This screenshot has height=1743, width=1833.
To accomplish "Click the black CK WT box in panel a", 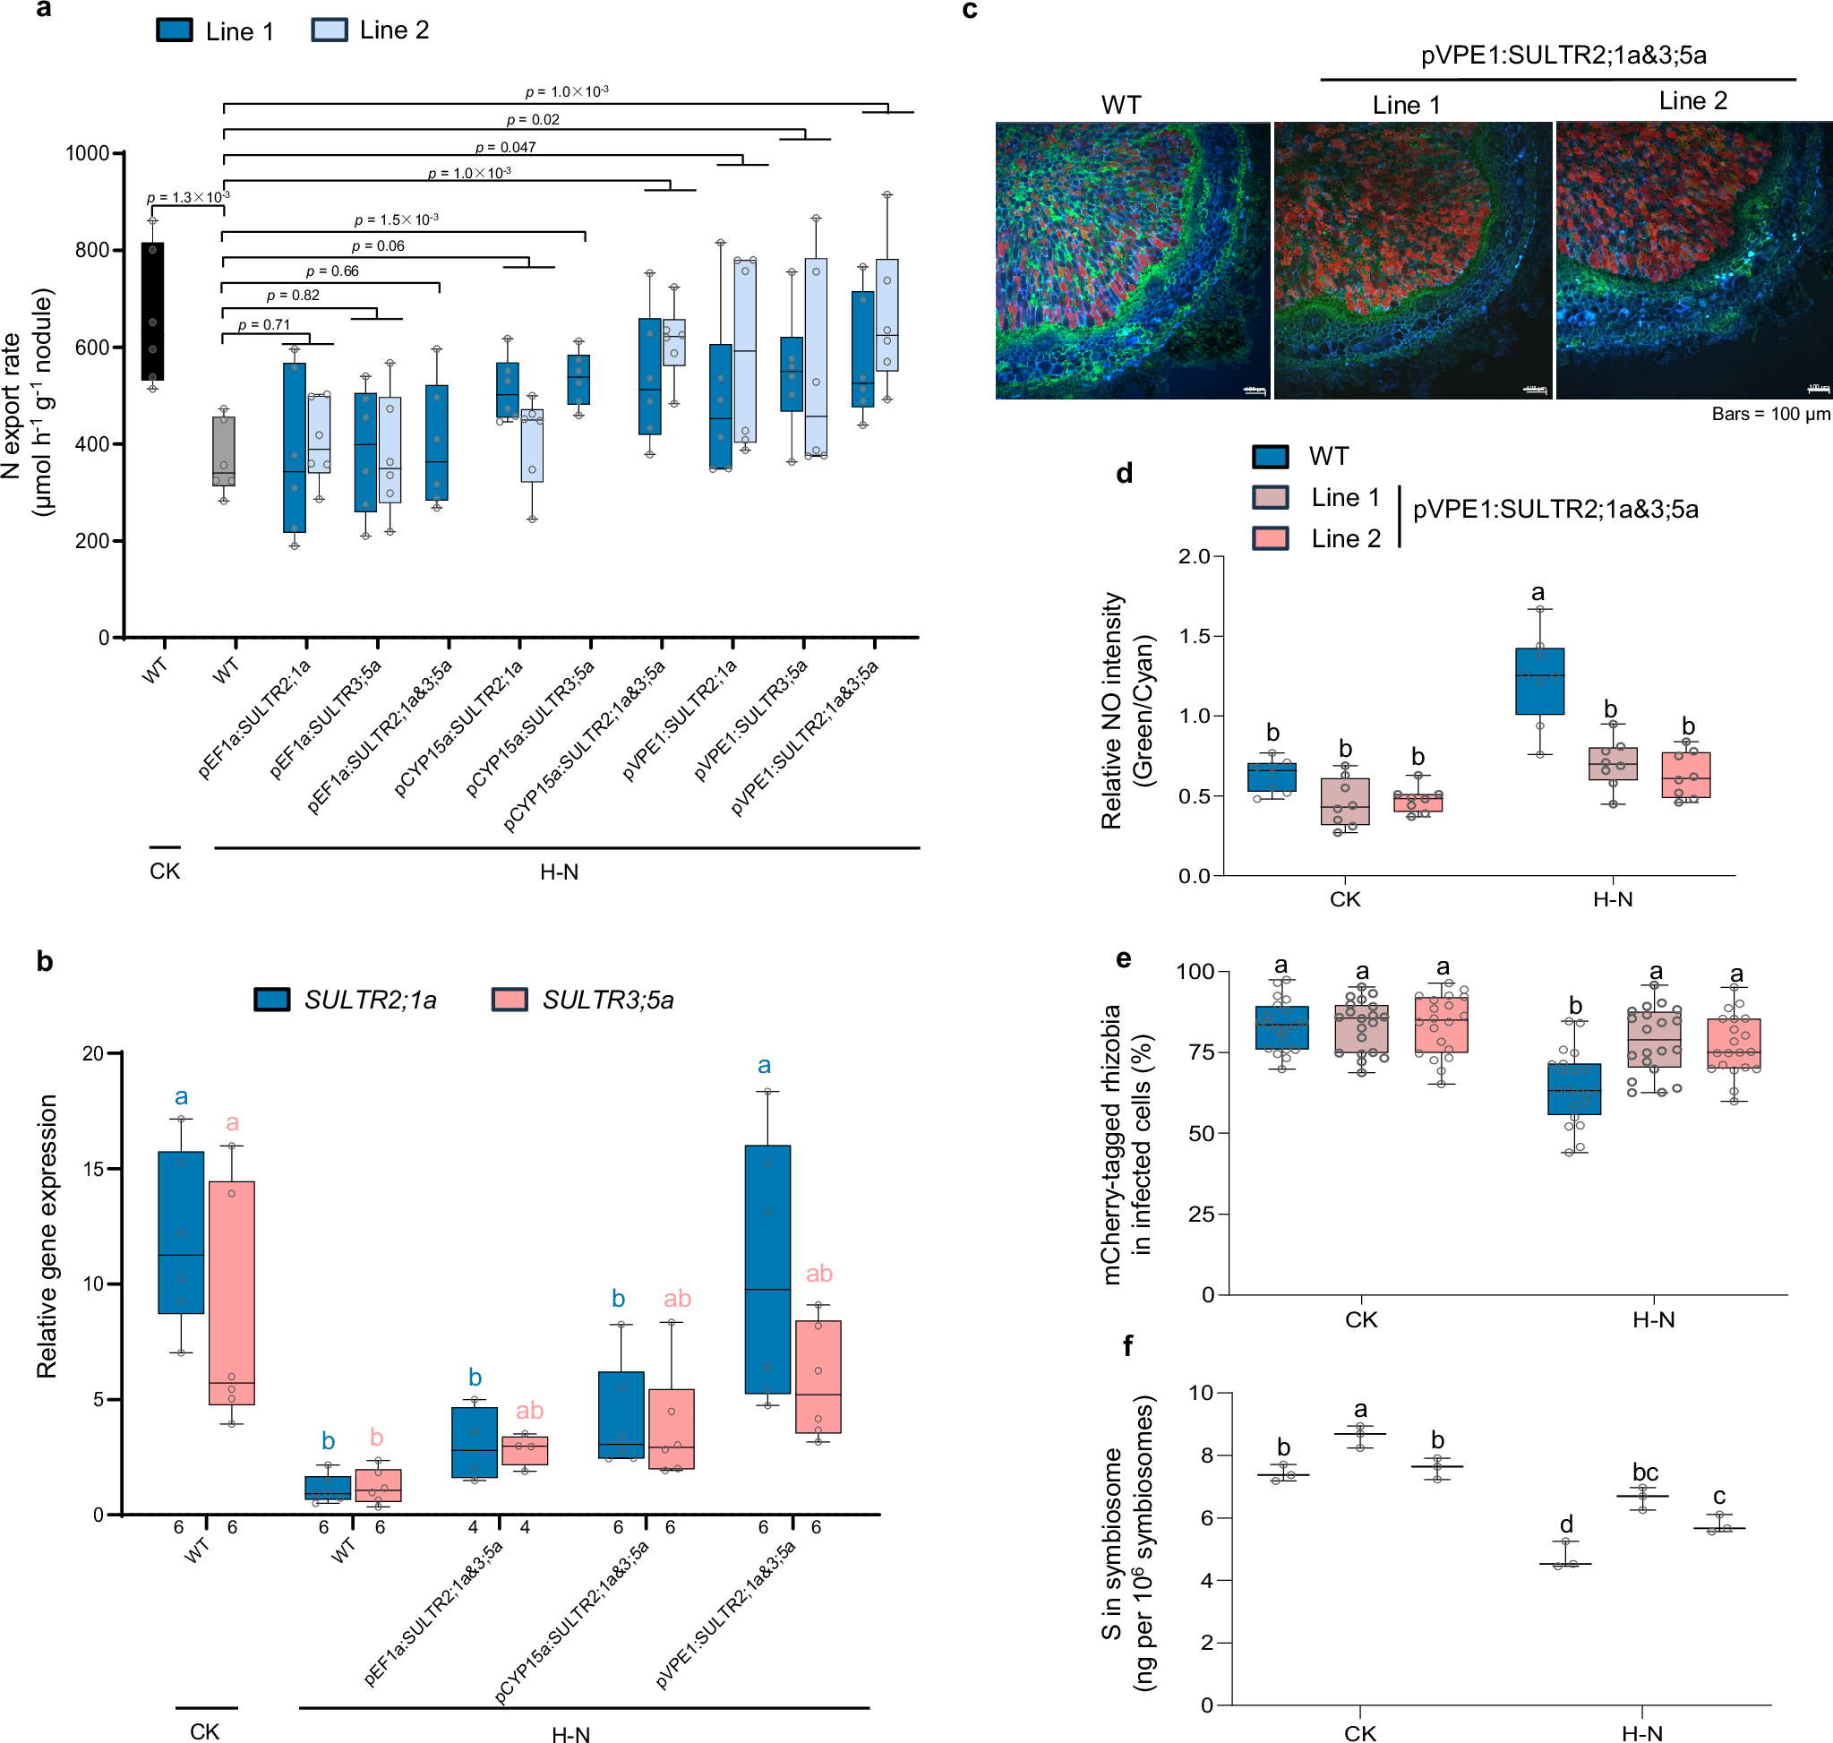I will [x=152, y=312].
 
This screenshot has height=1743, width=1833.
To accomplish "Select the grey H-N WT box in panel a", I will [x=223, y=451].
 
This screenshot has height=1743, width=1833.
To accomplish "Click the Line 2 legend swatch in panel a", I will [x=329, y=30].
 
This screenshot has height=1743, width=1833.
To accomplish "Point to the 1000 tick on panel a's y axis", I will [x=88, y=153].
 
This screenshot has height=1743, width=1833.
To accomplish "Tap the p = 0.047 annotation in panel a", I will [x=505, y=147].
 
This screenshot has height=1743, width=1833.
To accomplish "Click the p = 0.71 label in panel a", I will [x=264, y=325].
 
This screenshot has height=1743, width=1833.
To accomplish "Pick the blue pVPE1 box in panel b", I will [x=767, y=1269].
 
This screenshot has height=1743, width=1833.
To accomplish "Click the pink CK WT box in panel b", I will [x=231, y=1292].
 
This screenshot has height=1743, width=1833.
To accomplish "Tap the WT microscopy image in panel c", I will [x=1132, y=260].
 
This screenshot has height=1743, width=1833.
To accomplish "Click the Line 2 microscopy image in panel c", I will [x=1692, y=260].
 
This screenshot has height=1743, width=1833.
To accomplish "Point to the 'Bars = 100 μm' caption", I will [x=1769, y=415].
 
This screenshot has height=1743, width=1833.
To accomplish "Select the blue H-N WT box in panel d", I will [x=1539, y=681].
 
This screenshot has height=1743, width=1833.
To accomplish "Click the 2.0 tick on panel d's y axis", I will [x=1194, y=556].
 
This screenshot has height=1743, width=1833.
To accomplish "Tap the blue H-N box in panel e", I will [x=1574, y=1089].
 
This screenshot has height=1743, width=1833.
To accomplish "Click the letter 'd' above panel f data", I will [x=1566, y=1524].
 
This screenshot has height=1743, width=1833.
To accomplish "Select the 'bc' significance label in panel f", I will [x=1644, y=1472].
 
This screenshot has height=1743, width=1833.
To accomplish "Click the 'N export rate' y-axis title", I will [x=11, y=405].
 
